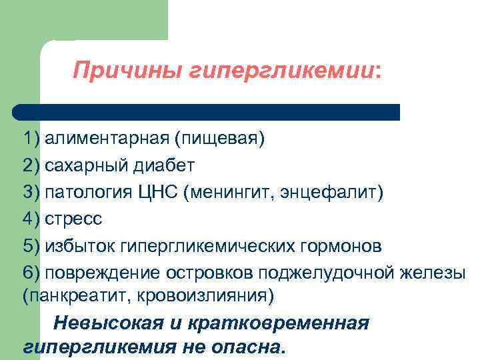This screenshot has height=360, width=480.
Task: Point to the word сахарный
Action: click(85, 165)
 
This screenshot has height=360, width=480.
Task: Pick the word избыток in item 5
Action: click(79, 246)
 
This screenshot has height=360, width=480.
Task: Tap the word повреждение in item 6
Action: click(101, 273)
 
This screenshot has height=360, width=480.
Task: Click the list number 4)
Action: click(31, 219)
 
